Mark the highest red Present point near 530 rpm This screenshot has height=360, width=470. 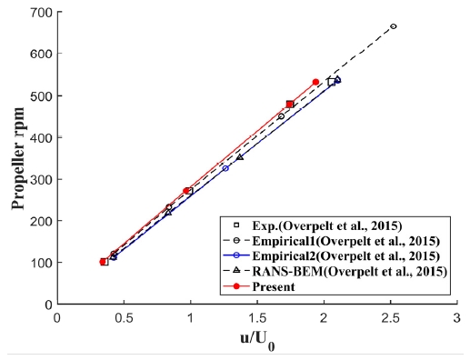(315, 82)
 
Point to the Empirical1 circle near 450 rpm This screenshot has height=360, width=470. (281, 116)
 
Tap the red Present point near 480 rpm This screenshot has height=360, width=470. (290, 104)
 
